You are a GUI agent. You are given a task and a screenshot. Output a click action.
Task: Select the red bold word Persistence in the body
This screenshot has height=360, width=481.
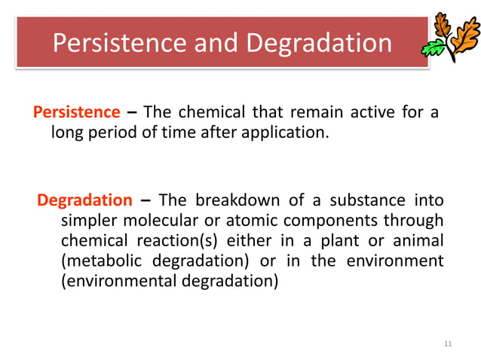(77, 113)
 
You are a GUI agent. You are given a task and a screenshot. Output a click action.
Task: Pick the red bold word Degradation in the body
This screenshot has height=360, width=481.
(84, 200)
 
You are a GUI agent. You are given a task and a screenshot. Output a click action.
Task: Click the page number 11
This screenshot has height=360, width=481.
(448, 343)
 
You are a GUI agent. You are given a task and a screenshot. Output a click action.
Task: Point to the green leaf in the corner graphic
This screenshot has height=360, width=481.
(434, 48)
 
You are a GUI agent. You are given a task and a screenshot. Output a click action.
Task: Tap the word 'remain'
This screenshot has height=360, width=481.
(311, 113)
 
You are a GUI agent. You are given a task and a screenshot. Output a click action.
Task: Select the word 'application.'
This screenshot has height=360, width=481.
(290, 133)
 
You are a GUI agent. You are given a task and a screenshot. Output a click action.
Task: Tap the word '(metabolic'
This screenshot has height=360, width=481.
(101, 261)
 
